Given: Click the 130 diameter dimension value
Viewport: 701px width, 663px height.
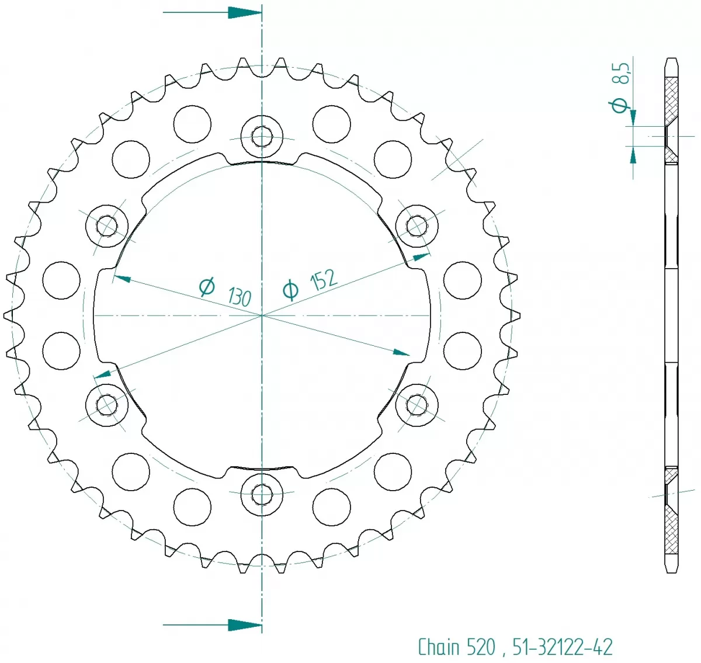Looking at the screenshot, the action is click(240, 296).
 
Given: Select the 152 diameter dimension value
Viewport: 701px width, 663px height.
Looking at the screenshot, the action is click(324, 280).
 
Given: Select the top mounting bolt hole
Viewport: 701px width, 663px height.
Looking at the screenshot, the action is click(262, 137).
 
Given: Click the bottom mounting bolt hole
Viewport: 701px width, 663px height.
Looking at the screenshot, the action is click(262, 495).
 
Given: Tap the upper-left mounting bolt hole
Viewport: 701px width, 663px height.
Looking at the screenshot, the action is click(107, 225).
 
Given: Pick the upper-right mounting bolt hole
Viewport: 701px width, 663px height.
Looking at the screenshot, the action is click(417, 225).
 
